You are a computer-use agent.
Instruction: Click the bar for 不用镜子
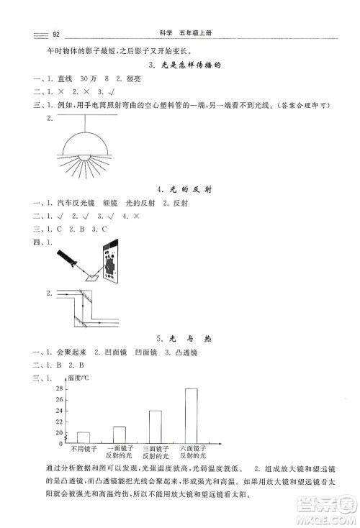pyautogui.click(x=84, y=437)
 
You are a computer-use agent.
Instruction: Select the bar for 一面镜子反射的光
pyautogui.click(x=120, y=434)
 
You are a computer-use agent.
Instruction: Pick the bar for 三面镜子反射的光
pyautogui.click(x=155, y=427)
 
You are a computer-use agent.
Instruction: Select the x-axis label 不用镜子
pyautogui.click(x=83, y=449)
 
